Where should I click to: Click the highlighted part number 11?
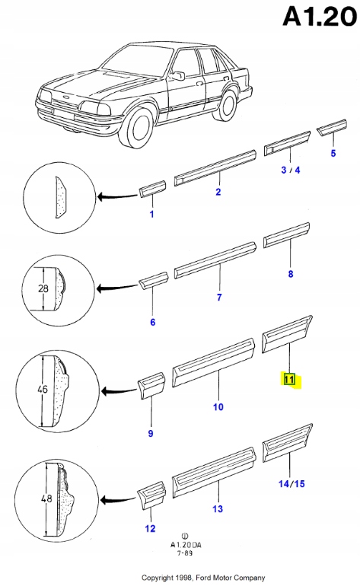click(x=289, y=379)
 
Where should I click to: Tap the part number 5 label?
click(x=333, y=153)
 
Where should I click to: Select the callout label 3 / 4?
click(x=291, y=170)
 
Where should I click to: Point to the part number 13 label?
click(x=218, y=508)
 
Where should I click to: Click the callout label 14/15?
click(x=292, y=483)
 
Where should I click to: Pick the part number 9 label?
click(x=151, y=433)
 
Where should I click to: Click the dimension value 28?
click(x=43, y=288)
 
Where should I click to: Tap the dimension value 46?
click(x=43, y=389)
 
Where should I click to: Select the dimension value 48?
click(x=46, y=498)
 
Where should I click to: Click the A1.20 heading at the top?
click(x=320, y=17)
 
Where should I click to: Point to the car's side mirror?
click(x=178, y=75)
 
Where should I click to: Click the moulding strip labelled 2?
click(x=215, y=167)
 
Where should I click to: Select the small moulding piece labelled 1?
click(x=152, y=189)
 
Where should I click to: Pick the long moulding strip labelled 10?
click(x=213, y=362)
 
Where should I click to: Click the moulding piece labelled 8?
click(x=286, y=235)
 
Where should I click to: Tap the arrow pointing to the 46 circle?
click(x=119, y=391)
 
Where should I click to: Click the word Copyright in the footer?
click(x=158, y=578)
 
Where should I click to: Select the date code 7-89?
click(x=185, y=553)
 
